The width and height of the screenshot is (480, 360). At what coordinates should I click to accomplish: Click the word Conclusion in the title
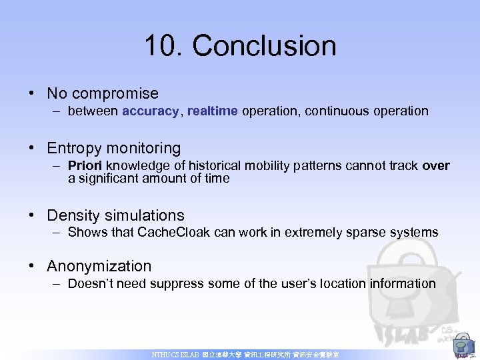pyautogui.click(x=265, y=46)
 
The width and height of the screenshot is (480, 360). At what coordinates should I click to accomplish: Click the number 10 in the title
pyautogui.click(x=163, y=46)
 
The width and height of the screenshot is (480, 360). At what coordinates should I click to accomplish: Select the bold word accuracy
pyautogui.click(x=151, y=111)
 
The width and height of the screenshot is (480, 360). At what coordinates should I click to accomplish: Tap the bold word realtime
pyautogui.click(x=212, y=111)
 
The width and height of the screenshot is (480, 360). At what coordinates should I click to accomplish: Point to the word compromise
pyautogui.click(x=115, y=94)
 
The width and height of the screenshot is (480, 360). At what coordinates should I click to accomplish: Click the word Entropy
pyautogui.click(x=74, y=148)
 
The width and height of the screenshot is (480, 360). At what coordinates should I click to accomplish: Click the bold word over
pyautogui.click(x=436, y=166)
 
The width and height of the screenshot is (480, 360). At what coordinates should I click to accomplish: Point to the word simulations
pyautogui.click(x=143, y=215)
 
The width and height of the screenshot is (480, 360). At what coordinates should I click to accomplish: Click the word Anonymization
pyautogui.click(x=99, y=266)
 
